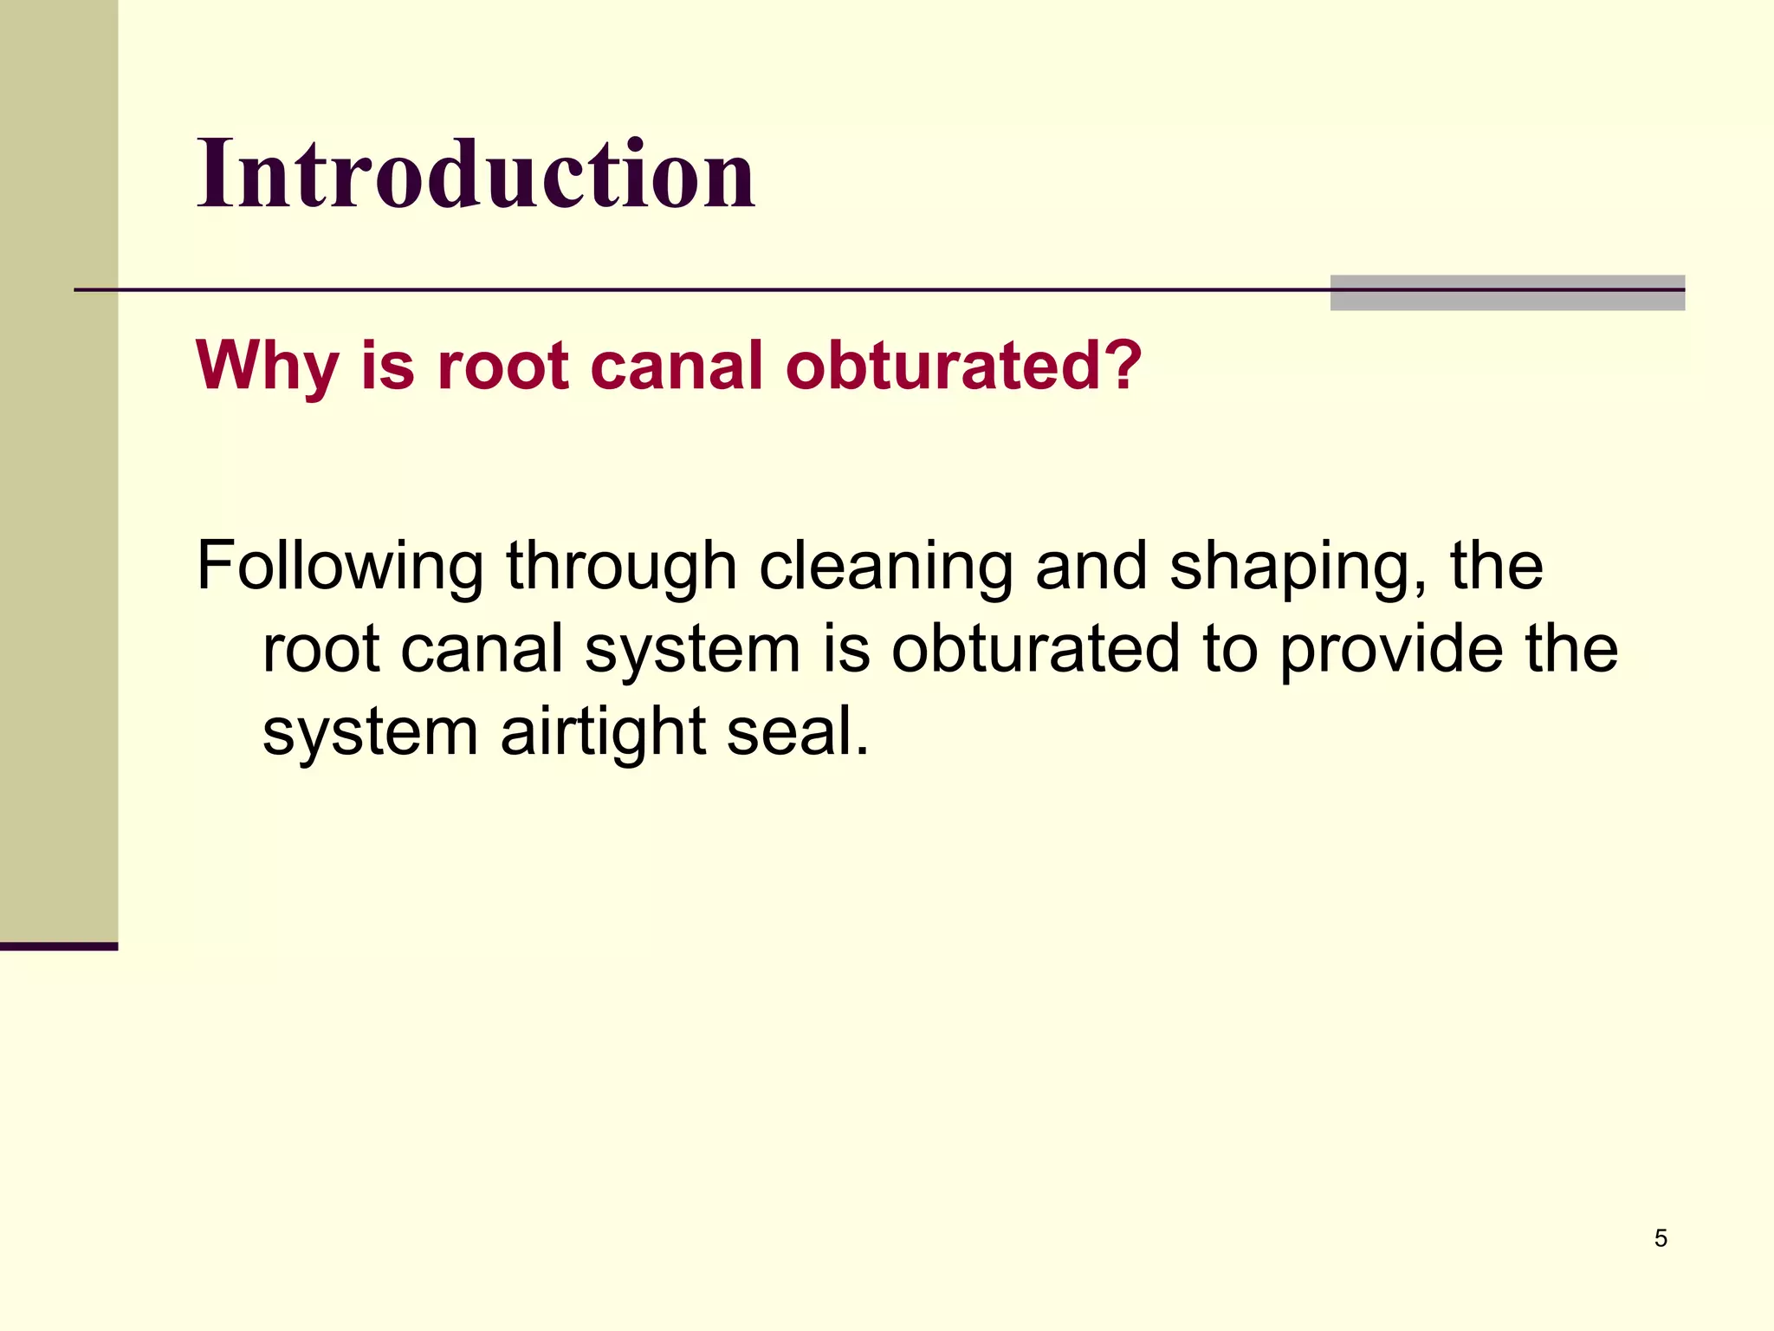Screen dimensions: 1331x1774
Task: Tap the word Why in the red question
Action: point(267,367)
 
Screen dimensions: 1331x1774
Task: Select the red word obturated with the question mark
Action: point(963,365)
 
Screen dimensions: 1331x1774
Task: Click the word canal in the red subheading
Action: point(677,365)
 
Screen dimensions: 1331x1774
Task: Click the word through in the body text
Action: point(621,568)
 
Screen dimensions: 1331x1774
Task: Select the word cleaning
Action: point(885,568)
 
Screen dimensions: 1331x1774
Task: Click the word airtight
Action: point(602,731)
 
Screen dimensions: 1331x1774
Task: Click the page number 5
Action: point(1661,1238)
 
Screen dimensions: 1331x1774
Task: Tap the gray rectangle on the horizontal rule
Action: point(1507,293)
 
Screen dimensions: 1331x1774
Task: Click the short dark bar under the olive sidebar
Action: point(59,946)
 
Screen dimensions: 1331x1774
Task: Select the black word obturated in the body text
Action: point(1036,650)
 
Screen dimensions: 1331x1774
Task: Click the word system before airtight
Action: point(370,733)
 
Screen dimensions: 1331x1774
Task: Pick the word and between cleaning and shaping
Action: point(1091,568)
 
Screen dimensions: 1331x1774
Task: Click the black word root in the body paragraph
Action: point(320,650)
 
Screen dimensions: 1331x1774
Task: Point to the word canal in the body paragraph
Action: point(482,650)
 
